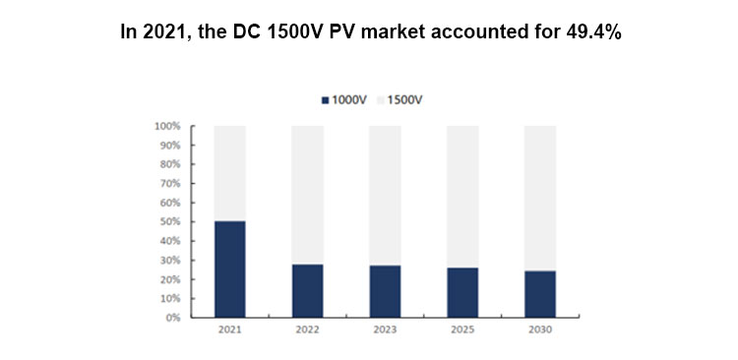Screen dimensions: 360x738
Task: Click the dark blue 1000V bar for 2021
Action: pos(229,270)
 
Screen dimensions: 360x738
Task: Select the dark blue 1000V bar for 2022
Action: pos(307,291)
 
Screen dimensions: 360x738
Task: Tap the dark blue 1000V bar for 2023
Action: pos(385,291)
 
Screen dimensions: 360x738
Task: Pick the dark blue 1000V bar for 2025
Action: pos(462,292)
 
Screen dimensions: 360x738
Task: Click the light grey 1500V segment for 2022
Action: pos(307,195)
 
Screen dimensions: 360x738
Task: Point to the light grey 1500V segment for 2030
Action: pos(539,198)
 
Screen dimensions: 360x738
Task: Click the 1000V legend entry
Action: pos(344,100)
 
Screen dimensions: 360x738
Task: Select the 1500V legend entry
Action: pos(401,100)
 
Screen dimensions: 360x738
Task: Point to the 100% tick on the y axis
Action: pos(166,126)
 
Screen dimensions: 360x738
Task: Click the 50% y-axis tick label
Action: pos(168,222)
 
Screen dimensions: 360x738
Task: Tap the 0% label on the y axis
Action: pos(171,318)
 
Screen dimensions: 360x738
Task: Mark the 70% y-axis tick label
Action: pos(168,184)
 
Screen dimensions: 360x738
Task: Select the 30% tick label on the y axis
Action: pos(168,261)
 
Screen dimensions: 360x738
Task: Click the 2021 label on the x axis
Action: pos(229,331)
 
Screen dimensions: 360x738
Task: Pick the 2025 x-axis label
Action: pos(462,331)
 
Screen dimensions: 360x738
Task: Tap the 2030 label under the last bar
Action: pos(539,331)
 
